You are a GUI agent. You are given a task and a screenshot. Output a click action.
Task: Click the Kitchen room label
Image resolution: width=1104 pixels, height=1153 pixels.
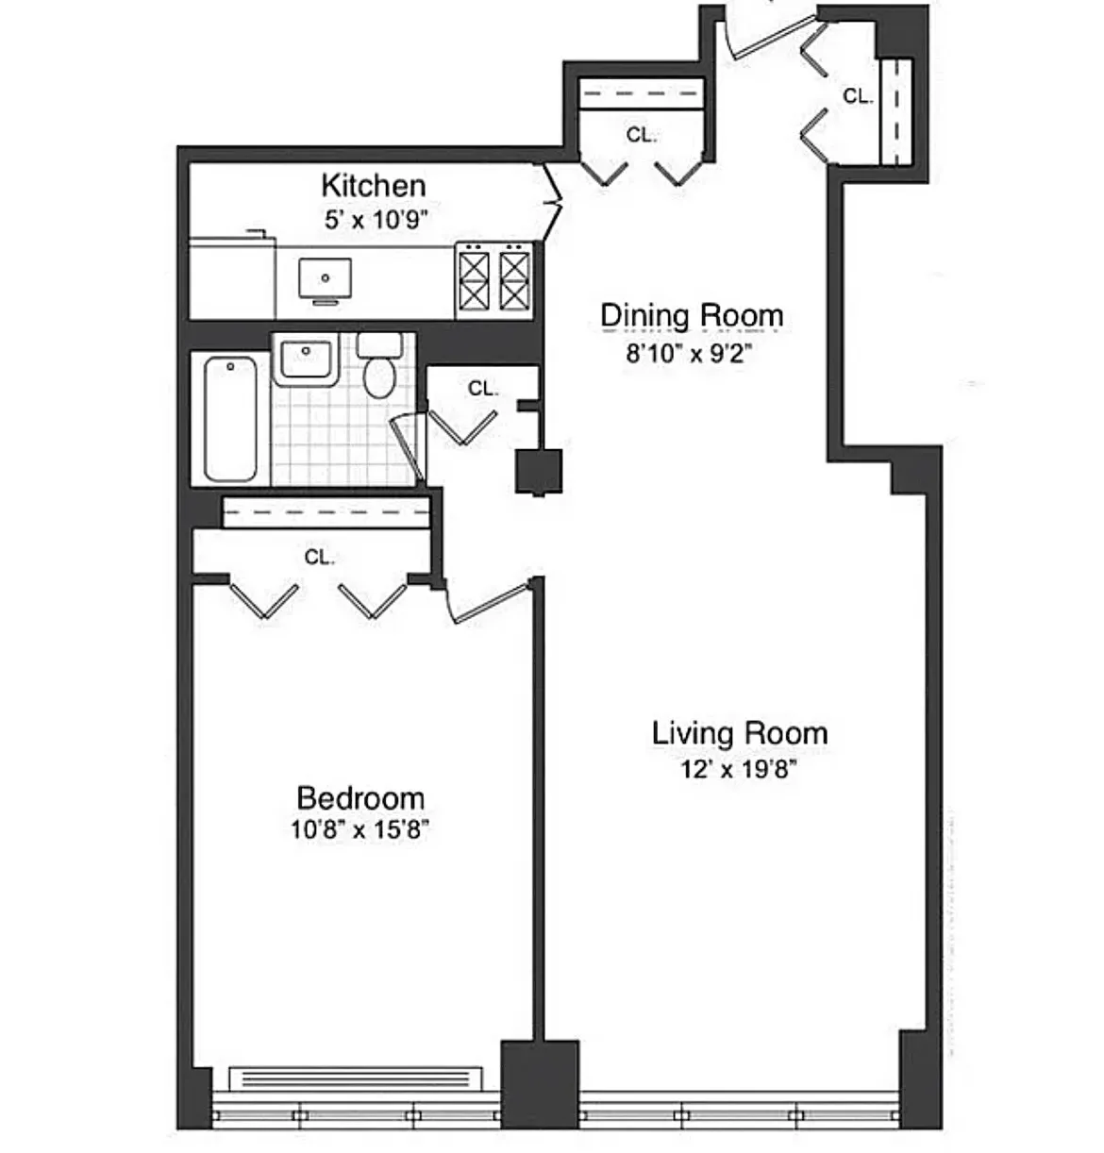click(373, 185)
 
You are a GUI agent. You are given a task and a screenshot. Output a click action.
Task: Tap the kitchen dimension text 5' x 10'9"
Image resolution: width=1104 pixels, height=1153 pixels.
click(376, 220)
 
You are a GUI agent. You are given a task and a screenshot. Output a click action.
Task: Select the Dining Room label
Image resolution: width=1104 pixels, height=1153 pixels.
click(692, 315)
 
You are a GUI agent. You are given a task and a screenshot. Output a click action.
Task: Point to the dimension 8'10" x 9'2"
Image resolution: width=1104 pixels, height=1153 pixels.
click(689, 354)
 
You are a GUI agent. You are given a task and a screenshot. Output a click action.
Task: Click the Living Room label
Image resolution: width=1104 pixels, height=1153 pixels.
click(739, 733)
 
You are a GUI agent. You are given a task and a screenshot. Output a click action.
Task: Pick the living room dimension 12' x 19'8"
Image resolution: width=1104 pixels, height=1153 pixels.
click(739, 769)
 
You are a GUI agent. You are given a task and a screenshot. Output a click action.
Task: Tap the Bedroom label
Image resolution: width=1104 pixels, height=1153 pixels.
click(360, 798)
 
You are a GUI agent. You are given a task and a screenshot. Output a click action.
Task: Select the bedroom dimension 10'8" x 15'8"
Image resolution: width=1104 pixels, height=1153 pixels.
click(360, 830)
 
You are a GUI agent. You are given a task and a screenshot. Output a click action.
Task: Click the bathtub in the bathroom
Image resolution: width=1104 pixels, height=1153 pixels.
click(230, 418)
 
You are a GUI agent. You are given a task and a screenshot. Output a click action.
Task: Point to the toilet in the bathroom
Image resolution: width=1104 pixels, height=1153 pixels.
click(379, 368)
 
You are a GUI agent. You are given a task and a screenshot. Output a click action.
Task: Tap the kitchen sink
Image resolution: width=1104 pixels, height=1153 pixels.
click(325, 279)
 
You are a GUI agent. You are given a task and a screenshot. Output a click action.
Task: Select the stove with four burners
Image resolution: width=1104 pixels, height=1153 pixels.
click(493, 279)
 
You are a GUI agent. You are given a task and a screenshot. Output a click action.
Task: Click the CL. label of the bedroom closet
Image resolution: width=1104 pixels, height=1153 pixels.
click(319, 558)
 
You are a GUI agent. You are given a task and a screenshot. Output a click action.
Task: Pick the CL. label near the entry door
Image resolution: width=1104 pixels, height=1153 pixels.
click(857, 96)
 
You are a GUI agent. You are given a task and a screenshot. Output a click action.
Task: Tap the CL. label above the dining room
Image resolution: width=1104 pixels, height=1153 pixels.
click(641, 136)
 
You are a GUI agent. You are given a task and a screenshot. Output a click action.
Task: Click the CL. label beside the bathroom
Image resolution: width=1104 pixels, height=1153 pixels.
click(482, 389)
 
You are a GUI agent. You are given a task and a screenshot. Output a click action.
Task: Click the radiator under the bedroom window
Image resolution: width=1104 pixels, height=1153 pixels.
click(356, 1078)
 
